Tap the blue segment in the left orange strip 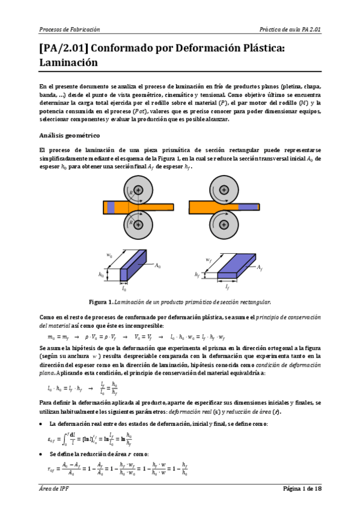click(x=111, y=207)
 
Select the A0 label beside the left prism click(x=158, y=265)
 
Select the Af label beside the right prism click(x=260, y=266)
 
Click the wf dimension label click(x=209, y=260)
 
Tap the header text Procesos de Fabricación click(x=69, y=29)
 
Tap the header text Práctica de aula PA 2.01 click(x=290, y=29)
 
